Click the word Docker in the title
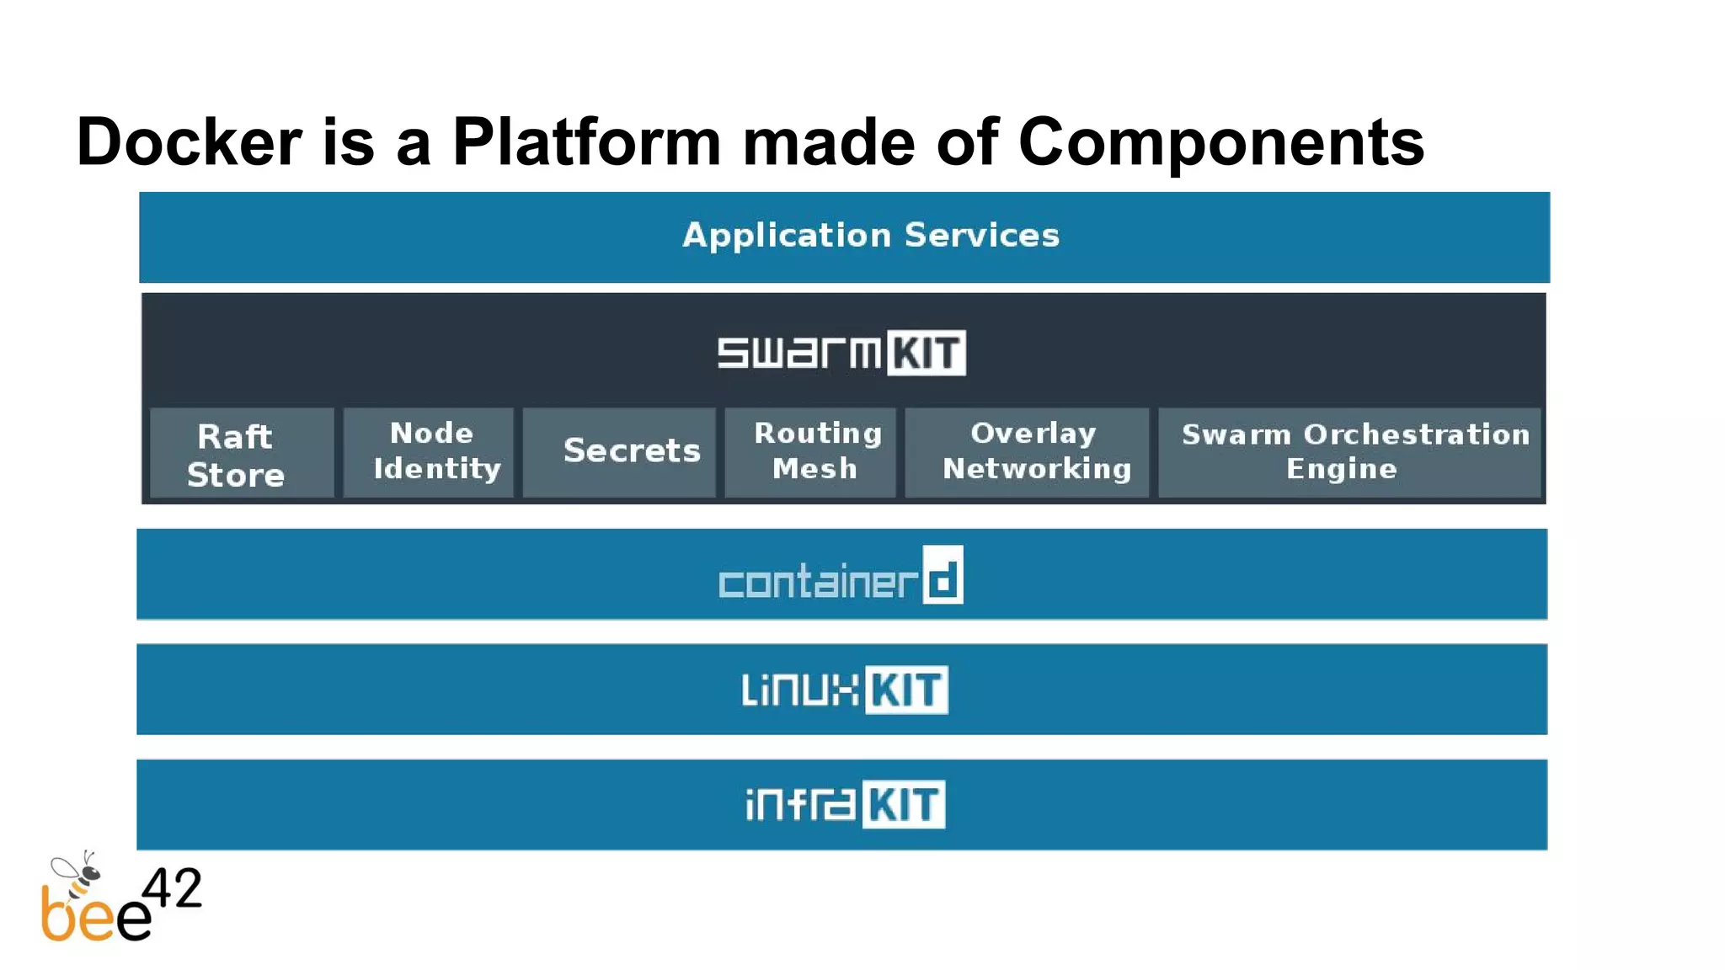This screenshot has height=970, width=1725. click(189, 141)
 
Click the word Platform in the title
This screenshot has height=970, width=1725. click(586, 141)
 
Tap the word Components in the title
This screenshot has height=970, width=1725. click(1220, 141)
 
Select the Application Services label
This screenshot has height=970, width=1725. click(870, 235)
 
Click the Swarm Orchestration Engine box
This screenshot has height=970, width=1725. click(1349, 452)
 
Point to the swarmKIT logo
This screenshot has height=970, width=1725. click(841, 352)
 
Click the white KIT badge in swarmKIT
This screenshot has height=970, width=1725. click(926, 353)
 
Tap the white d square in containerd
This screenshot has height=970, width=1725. click(943, 575)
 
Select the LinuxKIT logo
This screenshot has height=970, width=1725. click(844, 690)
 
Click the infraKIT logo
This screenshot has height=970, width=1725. click(844, 804)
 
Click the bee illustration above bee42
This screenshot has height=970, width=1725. click(78, 876)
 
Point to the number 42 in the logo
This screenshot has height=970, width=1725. click(172, 888)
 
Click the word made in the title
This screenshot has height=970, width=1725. click(828, 141)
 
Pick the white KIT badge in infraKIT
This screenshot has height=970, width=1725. click(903, 805)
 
